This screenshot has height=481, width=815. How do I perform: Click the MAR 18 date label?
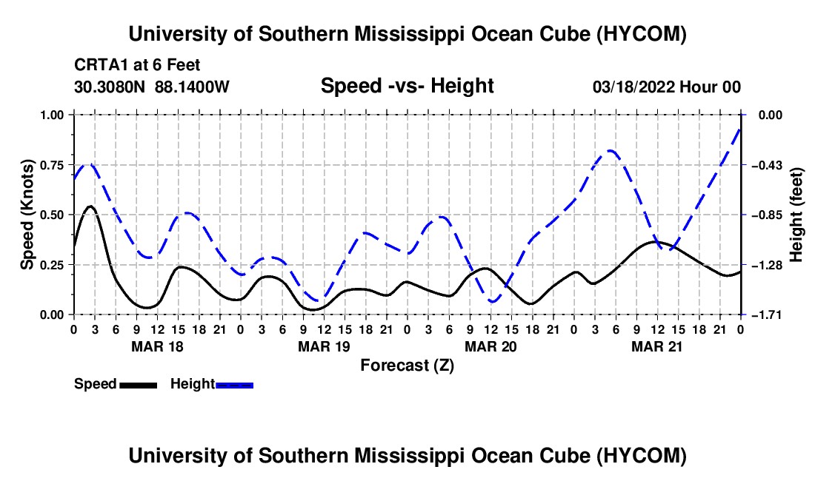pyautogui.click(x=158, y=346)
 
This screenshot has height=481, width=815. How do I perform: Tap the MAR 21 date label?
pyautogui.click(x=657, y=346)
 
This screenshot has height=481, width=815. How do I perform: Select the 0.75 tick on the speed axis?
pyautogui.click(x=52, y=165)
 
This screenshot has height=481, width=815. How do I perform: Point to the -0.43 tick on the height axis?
pyautogui.click(x=768, y=165)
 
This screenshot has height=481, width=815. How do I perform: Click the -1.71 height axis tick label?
pyautogui.click(x=768, y=315)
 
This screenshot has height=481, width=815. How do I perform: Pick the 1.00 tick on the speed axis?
pyautogui.click(x=52, y=115)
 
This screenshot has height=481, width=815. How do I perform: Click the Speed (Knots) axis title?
pyautogui.click(x=27, y=215)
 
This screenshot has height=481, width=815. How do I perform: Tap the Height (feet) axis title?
pyautogui.click(x=796, y=215)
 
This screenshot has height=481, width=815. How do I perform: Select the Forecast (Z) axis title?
pyautogui.click(x=408, y=366)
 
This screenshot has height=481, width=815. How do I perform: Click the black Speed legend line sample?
pyautogui.click(x=139, y=385)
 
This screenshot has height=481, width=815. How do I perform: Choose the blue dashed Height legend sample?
pyautogui.click(x=234, y=385)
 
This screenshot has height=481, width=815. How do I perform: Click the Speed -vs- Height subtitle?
pyautogui.click(x=407, y=86)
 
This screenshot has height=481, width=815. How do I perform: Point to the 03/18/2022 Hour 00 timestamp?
pyautogui.click(x=667, y=87)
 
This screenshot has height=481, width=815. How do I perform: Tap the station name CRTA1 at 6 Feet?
pyautogui.click(x=137, y=65)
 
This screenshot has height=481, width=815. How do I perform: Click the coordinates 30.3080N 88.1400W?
pyautogui.click(x=152, y=87)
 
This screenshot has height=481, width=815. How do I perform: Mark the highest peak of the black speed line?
pyautogui.click(x=91, y=206)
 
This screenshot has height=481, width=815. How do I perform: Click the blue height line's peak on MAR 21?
pyautogui.click(x=611, y=150)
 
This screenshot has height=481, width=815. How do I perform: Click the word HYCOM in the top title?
pyautogui.click(x=642, y=34)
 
